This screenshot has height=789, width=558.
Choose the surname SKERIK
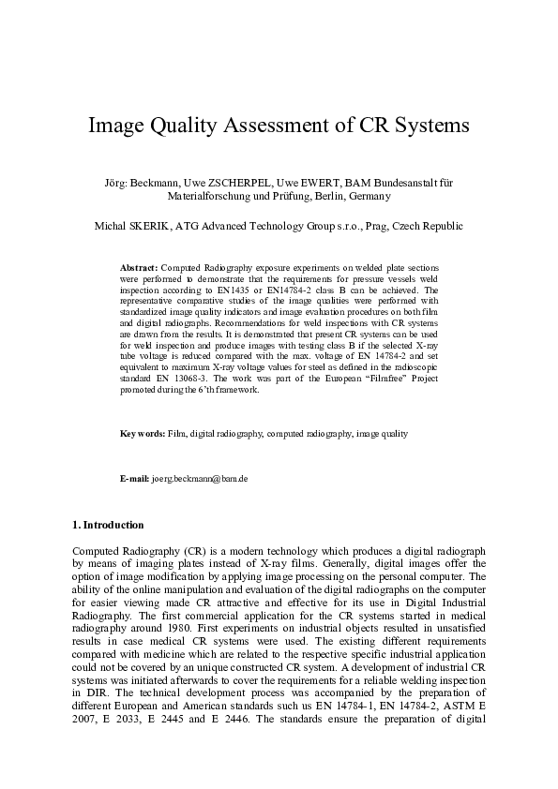(x=147, y=226)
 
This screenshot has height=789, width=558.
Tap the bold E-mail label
(x=135, y=479)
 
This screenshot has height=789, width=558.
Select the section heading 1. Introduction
(x=108, y=525)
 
